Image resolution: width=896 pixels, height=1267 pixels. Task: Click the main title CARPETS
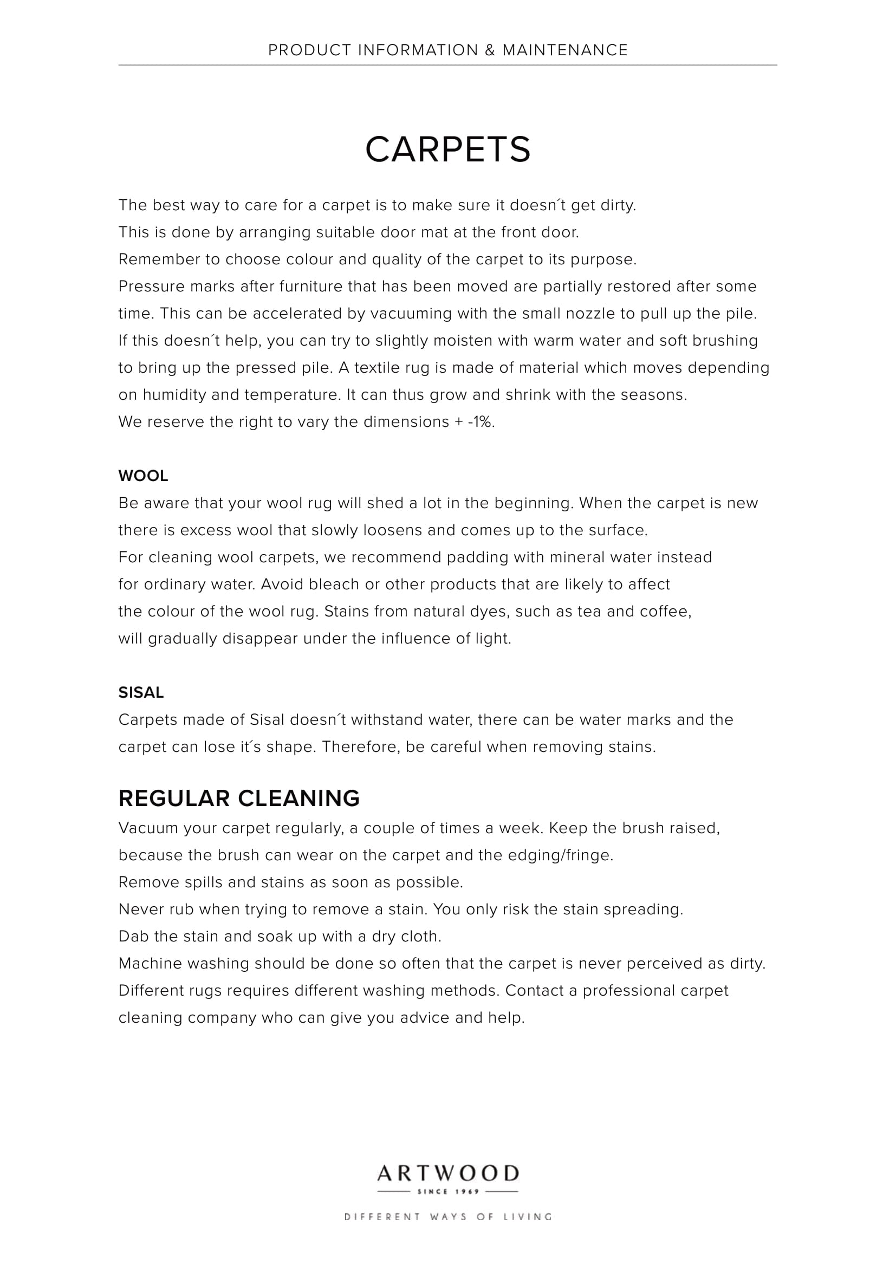pos(447,150)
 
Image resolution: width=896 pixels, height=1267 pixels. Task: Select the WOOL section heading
pos(143,476)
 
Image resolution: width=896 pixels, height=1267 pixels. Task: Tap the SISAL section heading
pos(141,693)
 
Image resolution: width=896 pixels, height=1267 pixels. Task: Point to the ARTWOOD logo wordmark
pos(447,1174)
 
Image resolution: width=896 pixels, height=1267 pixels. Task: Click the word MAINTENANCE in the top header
pos(565,50)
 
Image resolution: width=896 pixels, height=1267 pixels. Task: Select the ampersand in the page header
pos(490,50)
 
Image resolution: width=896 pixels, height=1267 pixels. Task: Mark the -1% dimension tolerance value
pos(481,422)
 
